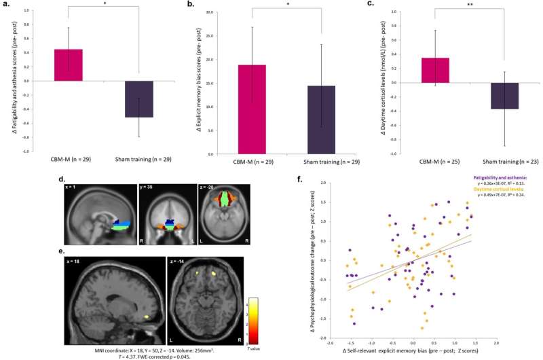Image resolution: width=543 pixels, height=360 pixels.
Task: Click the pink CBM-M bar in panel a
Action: point(69,65)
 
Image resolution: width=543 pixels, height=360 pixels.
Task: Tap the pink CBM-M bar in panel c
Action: point(434,70)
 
